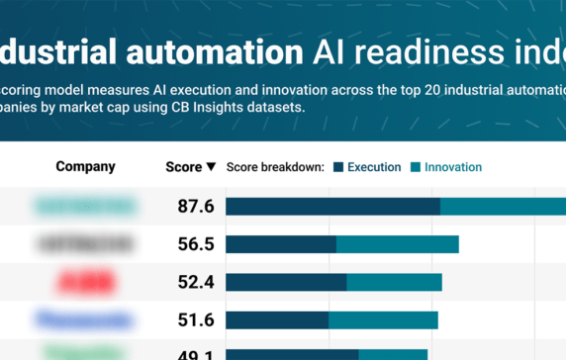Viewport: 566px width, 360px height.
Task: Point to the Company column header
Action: click(85, 167)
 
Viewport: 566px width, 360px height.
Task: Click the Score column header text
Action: click(183, 167)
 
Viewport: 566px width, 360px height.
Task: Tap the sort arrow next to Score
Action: click(211, 167)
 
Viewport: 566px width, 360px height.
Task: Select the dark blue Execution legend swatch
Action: click(338, 167)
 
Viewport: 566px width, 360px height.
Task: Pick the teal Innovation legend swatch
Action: click(416, 167)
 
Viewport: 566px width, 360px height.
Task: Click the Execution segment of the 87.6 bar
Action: click(332, 207)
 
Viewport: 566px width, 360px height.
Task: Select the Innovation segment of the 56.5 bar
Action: click(398, 244)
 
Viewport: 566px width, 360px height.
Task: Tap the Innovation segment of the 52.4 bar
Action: click(394, 282)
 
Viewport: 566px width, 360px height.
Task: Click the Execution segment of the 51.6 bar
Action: click(277, 319)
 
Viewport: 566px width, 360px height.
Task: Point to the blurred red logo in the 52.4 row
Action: click(85, 282)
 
